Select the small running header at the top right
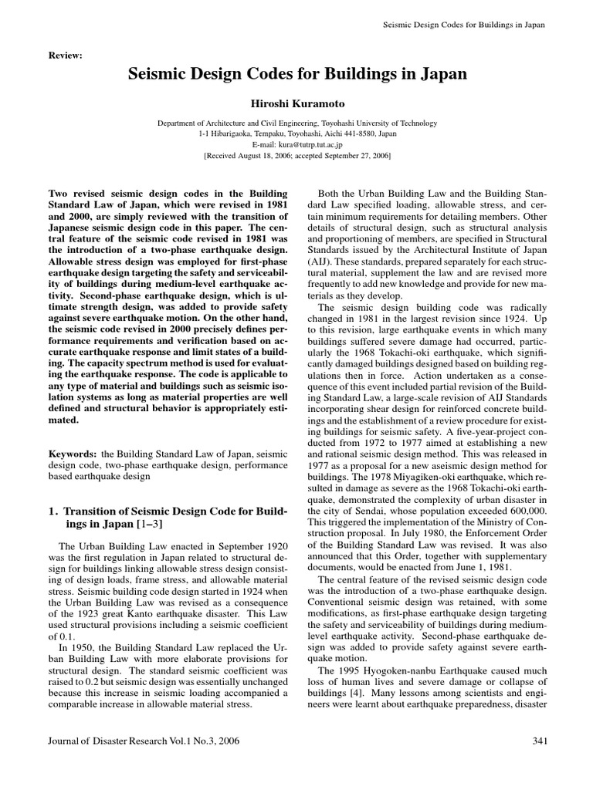464,25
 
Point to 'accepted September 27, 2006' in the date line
342,155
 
